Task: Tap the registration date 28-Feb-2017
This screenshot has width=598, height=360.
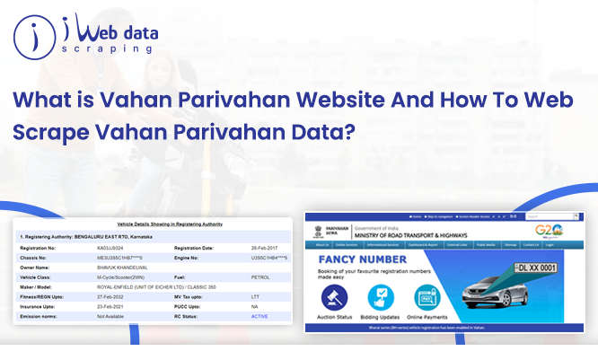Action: point(268,247)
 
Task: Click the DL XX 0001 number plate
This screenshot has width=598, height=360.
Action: point(534,268)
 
